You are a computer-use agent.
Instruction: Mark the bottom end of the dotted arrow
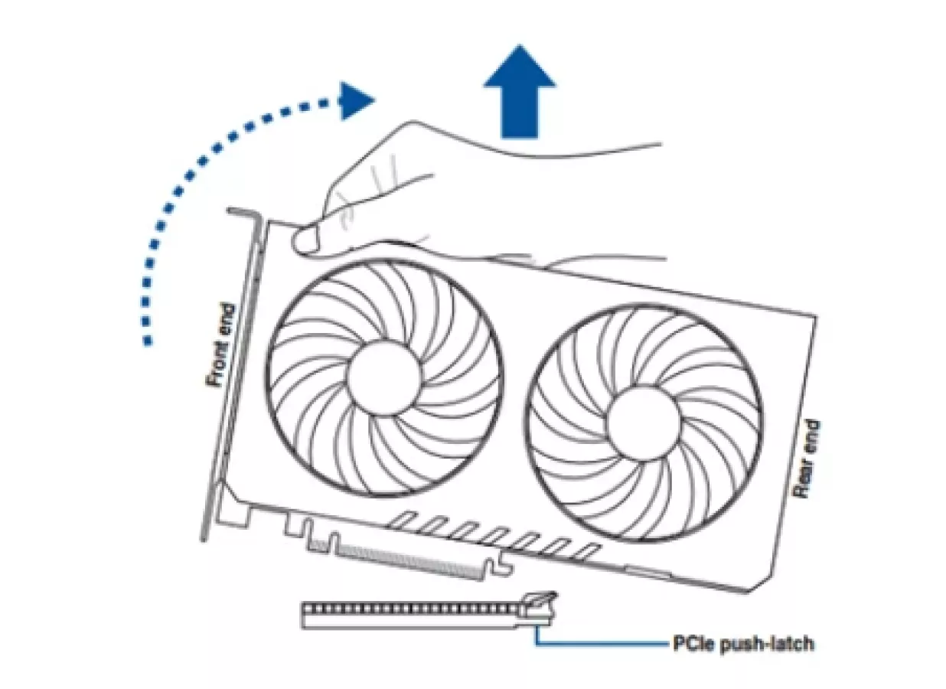[x=147, y=341]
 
